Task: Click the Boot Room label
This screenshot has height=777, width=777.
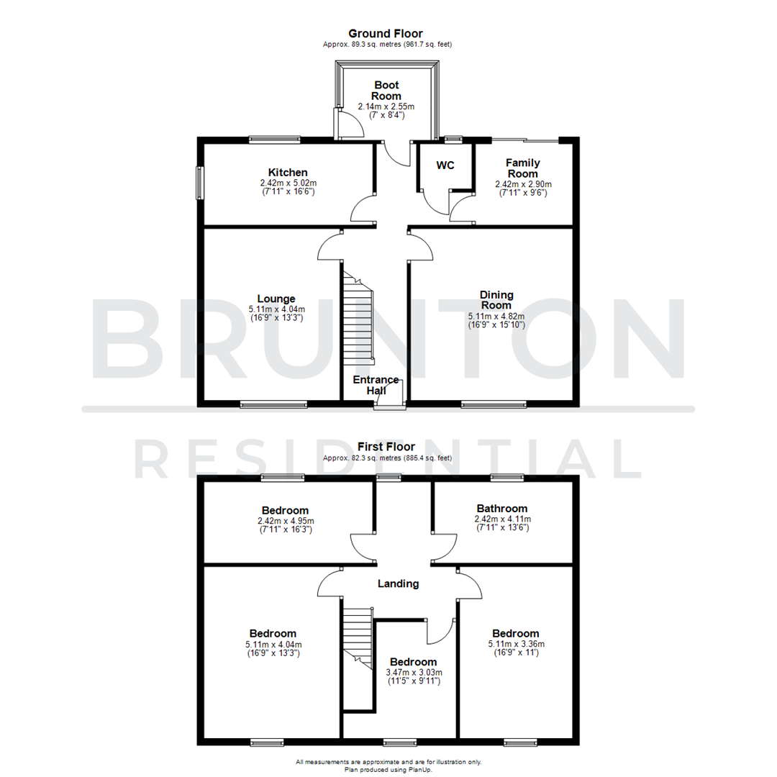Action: click(386, 91)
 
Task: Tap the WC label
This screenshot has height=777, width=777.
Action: click(445, 165)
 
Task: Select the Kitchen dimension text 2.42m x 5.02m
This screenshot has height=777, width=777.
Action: click(288, 183)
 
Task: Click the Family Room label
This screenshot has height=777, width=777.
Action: click(522, 168)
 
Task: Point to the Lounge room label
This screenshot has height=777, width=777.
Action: click(276, 299)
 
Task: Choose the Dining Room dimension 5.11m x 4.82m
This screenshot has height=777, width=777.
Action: click(496, 316)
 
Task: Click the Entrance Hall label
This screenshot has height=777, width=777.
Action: click(376, 385)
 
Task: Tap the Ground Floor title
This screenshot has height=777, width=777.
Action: click(386, 33)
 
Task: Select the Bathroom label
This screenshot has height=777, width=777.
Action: click(501, 508)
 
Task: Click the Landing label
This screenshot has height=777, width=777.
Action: click(399, 583)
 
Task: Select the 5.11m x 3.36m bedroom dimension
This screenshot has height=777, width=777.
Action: click(516, 644)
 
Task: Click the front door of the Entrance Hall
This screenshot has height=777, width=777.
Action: click(389, 406)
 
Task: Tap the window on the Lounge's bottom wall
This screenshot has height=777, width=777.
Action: click(273, 404)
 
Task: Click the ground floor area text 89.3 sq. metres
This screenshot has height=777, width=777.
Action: click(388, 45)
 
